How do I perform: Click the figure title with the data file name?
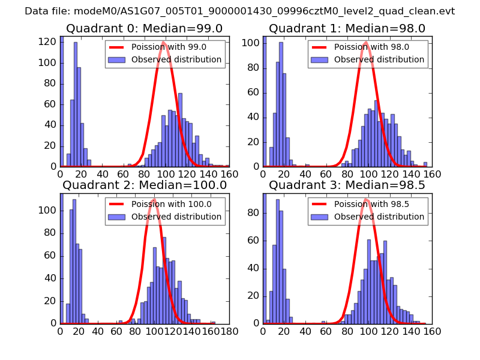(239, 11)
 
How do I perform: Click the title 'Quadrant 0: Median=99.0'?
(145, 28)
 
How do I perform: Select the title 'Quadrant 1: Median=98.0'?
(347, 28)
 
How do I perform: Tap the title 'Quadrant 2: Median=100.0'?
(145, 185)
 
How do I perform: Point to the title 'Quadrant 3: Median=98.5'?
(347, 185)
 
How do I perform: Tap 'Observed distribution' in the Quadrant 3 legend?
(379, 216)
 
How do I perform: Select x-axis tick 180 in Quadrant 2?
(229, 330)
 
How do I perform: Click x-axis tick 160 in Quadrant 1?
(432, 173)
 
